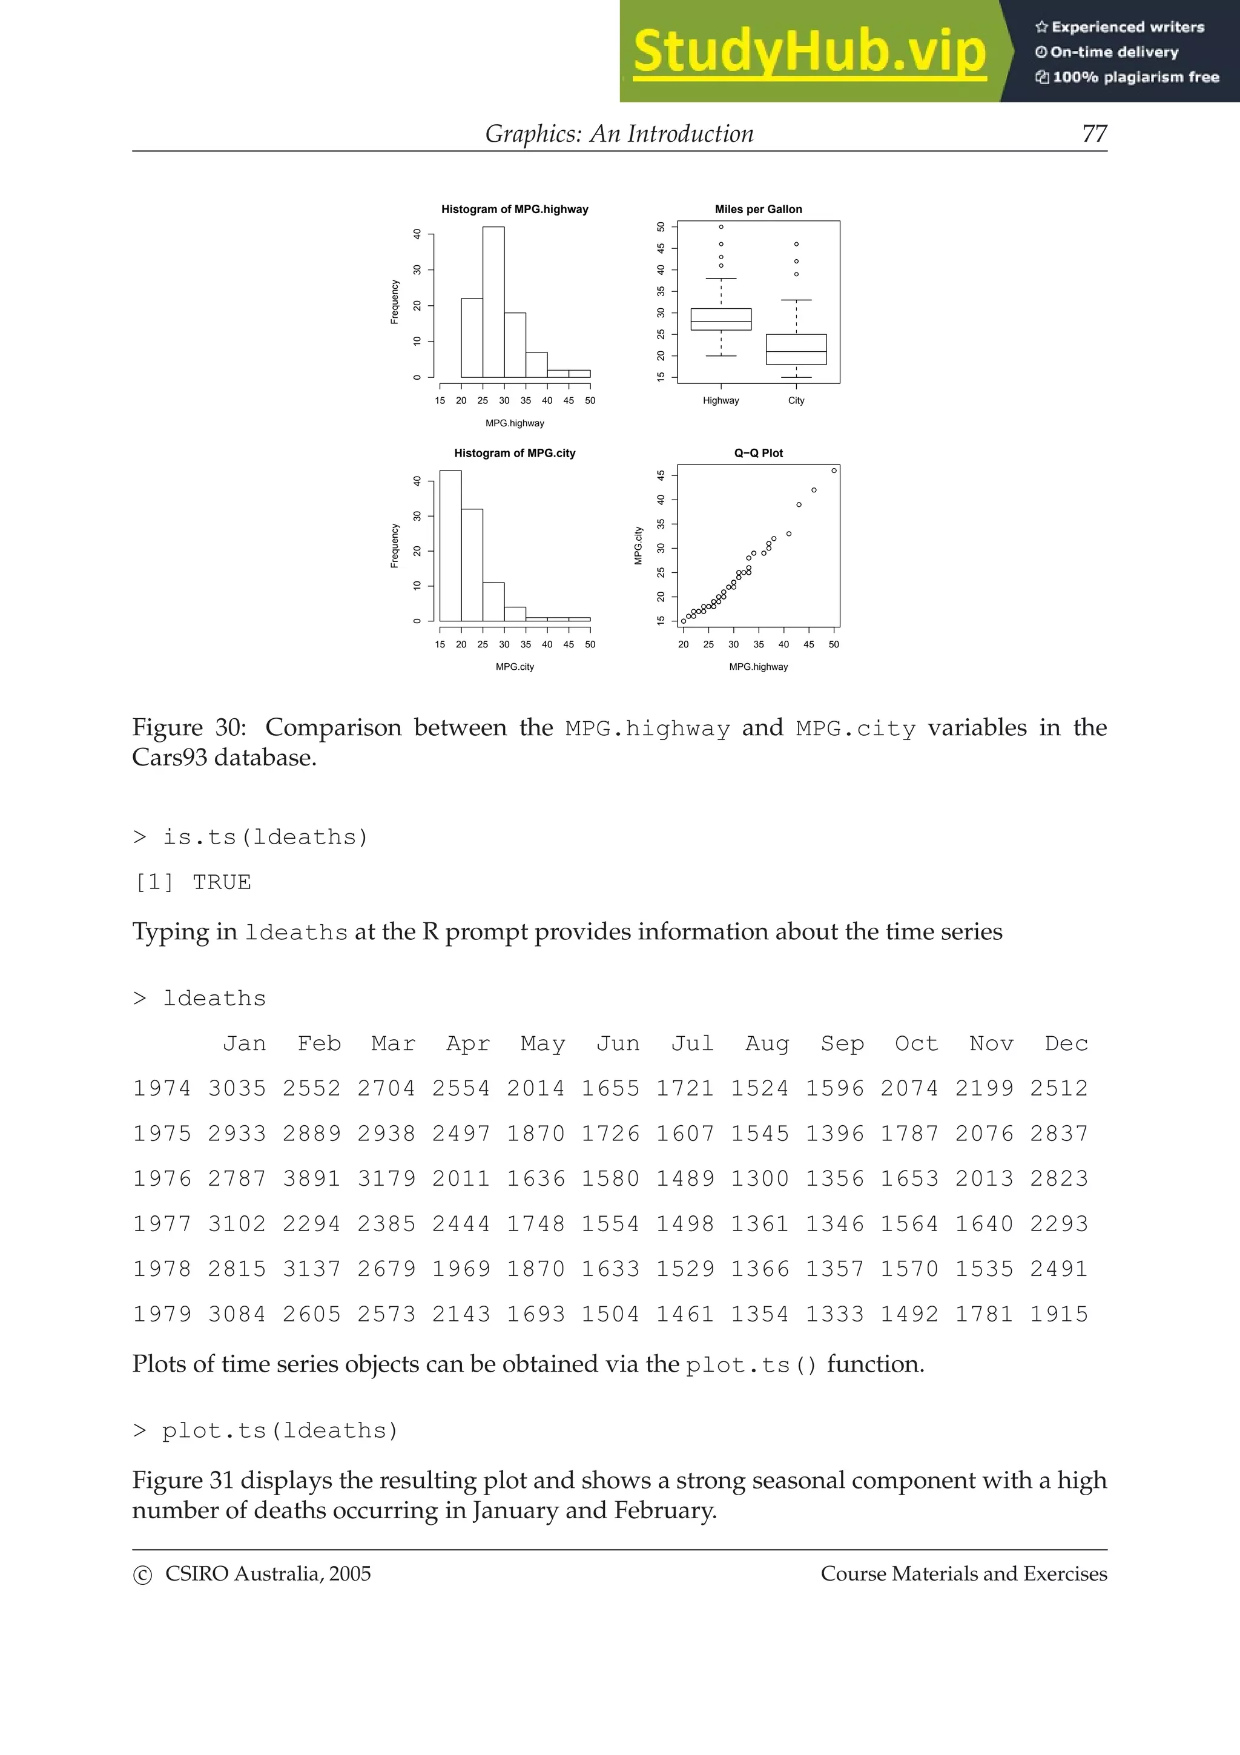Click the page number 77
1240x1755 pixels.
pyautogui.click(x=1094, y=134)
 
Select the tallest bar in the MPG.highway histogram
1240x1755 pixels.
pyautogui.click(x=493, y=302)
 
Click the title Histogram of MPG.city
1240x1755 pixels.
pyautogui.click(x=514, y=453)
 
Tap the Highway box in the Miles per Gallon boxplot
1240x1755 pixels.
pyautogui.click(x=721, y=319)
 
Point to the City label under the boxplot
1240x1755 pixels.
pyautogui.click(x=796, y=400)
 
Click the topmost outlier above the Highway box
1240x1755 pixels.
pyautogui.click(x=721, y=227)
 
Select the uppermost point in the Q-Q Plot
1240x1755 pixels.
pyautogui.click(x=834, y=471)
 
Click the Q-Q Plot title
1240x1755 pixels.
pyautogui.click(x=758, y=453)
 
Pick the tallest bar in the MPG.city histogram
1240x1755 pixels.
pyautogui.click(x=450, y=546)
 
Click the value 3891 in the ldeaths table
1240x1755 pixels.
pyautogui.click(x=311, y=1178)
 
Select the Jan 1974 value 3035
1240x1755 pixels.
pyautogui.click(x=237, y=1088)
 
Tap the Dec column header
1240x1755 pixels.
pyautogui.click(x=1066, y=1043)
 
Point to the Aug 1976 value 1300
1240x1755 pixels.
pyautogui.click(x=759, y=1178)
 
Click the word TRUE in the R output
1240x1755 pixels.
pyautogui.click(x=222, y=882)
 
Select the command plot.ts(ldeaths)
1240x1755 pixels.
pyautogui.click(x=280, y=1430)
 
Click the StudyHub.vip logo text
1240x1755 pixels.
pyautogui.click(x=809, y=52)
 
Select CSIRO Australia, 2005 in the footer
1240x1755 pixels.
pyautogui.click(x=268, y=1574)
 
